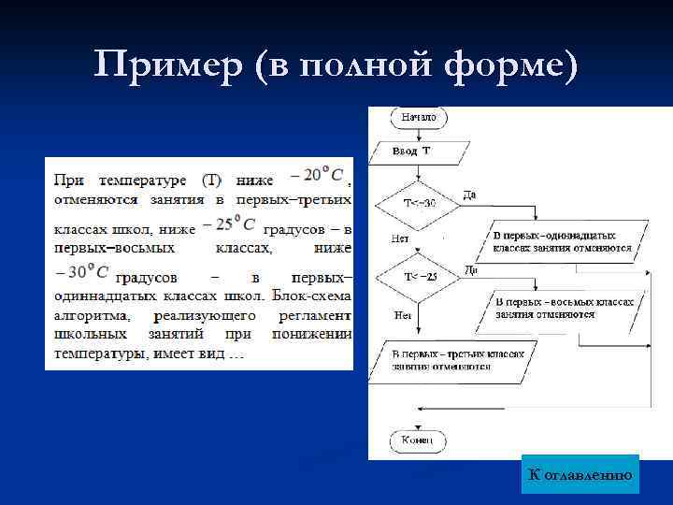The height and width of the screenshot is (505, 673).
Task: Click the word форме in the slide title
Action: [509, 66]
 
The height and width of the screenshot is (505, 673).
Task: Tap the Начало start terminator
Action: [418, 118]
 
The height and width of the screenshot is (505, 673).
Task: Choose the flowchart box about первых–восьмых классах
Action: [563, 309]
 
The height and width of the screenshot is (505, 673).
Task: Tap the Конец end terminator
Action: [417, 440]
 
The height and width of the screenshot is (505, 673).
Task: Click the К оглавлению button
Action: [580, 476]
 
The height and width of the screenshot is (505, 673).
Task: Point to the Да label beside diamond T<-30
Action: [469, 195]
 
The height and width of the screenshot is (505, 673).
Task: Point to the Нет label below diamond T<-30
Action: [401, 238]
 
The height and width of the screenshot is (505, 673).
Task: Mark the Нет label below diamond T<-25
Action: [403, 315]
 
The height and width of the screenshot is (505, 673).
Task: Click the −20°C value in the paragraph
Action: [317, 175]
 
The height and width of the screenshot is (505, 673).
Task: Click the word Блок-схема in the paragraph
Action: [312, 296]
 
